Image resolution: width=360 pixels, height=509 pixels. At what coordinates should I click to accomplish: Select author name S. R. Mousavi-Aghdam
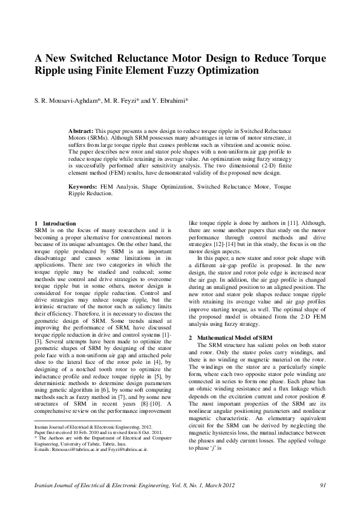click(65, 100)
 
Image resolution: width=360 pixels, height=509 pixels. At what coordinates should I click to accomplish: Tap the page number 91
click(322, 485)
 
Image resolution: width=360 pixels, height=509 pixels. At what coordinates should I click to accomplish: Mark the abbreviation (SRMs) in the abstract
click(96, 137)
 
